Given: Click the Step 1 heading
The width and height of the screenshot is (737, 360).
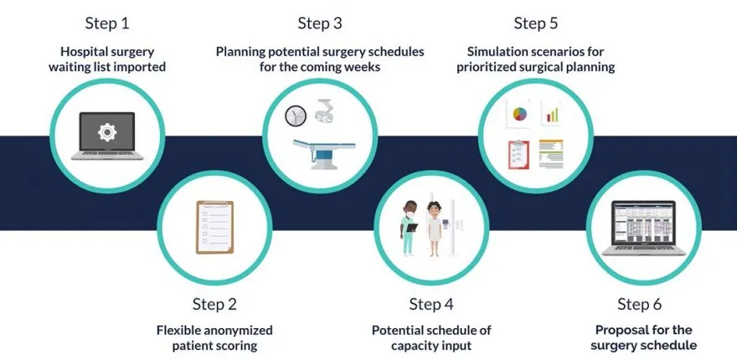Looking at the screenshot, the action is click(107, 23).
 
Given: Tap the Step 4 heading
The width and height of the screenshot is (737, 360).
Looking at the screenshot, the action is click(431, 304).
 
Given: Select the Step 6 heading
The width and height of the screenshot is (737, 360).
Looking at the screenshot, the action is click(639, 304).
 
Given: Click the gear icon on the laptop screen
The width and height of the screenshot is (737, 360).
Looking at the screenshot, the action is click(107, 132).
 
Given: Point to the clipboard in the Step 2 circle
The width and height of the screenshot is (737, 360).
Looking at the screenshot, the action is click(214, 227).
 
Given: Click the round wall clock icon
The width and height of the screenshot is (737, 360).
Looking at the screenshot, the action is click(296, 116).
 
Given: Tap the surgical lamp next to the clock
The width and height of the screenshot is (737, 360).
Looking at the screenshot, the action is click(324, 111).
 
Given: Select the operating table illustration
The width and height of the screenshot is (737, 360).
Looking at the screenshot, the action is click(324, 153).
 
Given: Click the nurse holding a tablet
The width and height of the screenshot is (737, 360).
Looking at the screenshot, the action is click(409, 228).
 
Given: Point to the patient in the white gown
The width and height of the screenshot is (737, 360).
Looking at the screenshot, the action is click(434, 229).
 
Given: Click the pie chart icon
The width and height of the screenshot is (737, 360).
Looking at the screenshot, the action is click(520, 114).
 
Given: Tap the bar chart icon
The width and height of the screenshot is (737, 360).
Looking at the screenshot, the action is click(552, 113).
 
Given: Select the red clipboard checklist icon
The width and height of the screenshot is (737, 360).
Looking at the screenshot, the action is click(518, 155).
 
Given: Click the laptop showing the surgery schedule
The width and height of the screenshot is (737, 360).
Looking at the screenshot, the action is click(643, 229).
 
